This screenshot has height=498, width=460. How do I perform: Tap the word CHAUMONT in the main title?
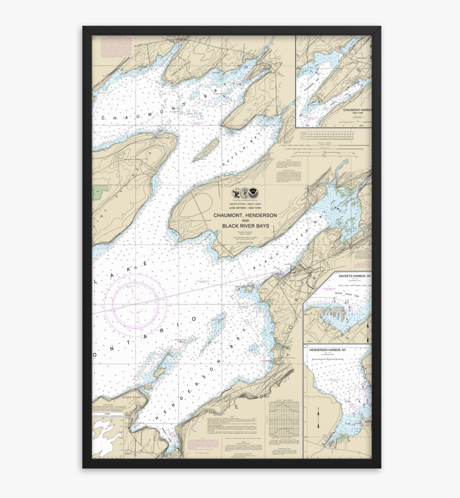click(229, 215)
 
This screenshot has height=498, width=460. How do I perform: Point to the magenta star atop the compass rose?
click(135, 267)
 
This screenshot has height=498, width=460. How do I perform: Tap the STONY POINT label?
click(133, 397)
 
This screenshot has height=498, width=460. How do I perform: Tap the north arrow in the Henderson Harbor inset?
click(318, 418)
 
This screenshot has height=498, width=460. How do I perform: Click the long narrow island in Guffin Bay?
click(206, 150)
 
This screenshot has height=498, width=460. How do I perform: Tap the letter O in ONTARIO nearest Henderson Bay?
click(195, 319)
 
